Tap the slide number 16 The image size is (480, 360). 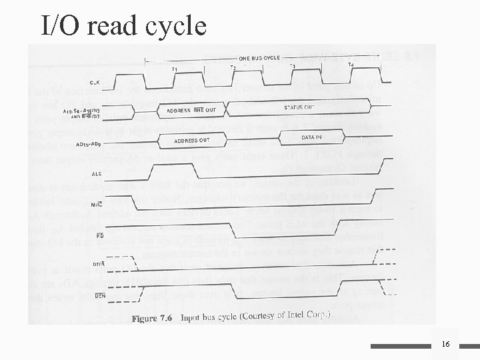pos(445,344)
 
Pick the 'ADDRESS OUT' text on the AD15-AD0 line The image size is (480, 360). pos(191,141)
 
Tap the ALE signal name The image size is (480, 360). pos(97,171)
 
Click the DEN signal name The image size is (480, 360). pos(101,295)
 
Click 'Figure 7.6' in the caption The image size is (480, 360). pos(153,319)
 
